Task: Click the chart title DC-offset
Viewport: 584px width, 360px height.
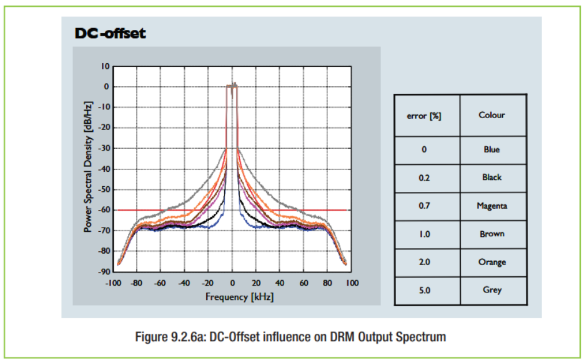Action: [x=111, y=33]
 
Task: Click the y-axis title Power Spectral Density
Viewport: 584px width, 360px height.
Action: [x=88, y=167]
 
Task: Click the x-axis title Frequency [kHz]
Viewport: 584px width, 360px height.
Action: [x=239, y=297]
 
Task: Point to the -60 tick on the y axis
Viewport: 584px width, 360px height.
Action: [x=104, y=210]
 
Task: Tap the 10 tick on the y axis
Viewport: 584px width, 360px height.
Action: [x=106, y=67]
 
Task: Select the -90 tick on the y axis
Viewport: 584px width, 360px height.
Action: [x=104, y=272]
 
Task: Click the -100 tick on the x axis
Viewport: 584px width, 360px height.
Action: [x=113, y=283]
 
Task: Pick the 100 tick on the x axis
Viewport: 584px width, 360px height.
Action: [x=352, y=283]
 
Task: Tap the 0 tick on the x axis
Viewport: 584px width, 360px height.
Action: [x=232, y=283]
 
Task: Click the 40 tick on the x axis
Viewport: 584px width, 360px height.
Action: [x=280, y=283]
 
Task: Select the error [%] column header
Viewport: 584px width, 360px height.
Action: [x=424, y=116]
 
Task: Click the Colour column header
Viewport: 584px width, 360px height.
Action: [x=492, y=115]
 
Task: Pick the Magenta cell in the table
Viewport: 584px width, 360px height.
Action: [x=492, y=206]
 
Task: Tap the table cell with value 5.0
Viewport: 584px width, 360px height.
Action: [x=425, y=290]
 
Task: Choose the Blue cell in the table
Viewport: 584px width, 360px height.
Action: [x=492, y=149]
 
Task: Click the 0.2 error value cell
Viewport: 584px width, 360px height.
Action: [x=424, y=177]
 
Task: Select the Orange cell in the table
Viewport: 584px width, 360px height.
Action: [x=492, y=262]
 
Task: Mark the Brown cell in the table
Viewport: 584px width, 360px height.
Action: [x=492, y=234]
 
